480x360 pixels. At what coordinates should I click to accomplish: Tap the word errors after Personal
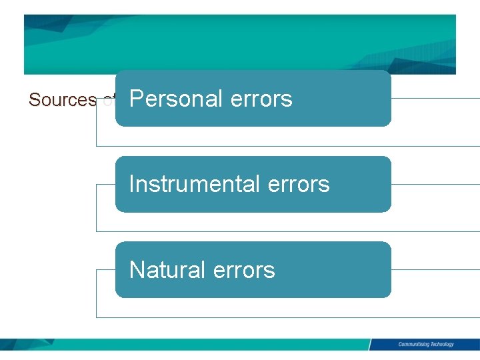(x=261, y=99)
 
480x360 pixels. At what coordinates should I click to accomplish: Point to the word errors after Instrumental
(x=298, y=183)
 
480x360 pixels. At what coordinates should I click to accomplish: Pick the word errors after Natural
(x=243, y=269)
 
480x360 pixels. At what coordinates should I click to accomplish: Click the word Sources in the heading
(x=63, y=100)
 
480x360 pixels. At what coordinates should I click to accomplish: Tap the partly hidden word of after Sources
(x=109, y=100)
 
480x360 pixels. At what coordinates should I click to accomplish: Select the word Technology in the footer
(x=440, y=345)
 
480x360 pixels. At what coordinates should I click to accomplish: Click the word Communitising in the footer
(x=412, y=345)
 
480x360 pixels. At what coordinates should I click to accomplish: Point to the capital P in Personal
(x=136, y=99)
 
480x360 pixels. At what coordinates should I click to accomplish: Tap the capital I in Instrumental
(x=131, y=183)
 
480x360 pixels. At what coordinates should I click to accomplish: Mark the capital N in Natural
(x=137, y=269)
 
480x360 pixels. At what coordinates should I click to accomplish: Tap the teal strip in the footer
(x=200, y=345)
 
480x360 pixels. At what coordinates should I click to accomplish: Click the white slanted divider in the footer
(x=370, y=345)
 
